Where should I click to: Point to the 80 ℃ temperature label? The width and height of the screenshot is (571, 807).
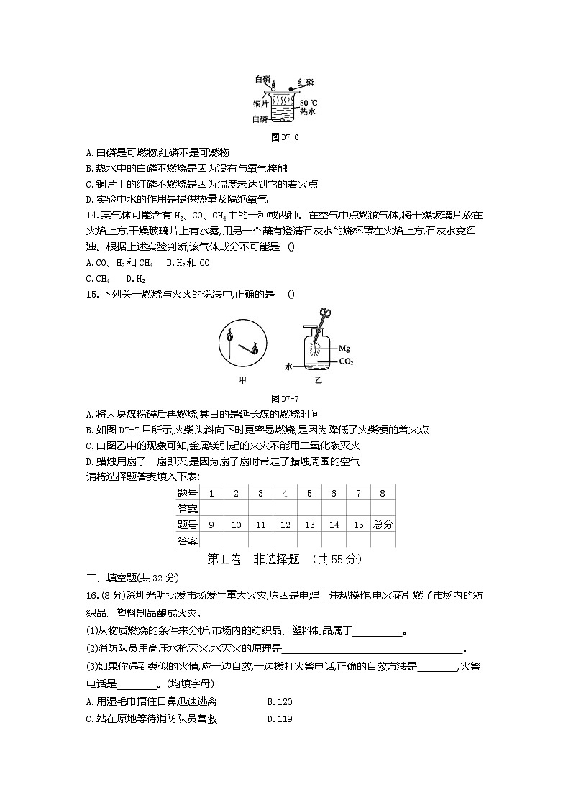(309, 103)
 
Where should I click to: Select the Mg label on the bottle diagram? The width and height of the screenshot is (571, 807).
(344, 348)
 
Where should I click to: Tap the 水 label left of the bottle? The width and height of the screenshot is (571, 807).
(289, 366)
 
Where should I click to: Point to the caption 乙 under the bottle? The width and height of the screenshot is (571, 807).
(318, 379)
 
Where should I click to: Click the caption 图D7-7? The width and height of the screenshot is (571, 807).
(285, 398)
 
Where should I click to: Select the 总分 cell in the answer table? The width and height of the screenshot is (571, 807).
(383, 525)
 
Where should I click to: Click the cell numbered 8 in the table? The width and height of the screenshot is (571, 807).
(383, 494)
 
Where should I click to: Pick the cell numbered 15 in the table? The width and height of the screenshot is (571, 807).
(358, 525)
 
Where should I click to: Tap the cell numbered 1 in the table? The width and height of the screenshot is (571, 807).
(211, 494)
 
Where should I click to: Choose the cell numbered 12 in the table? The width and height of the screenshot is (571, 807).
(285, 525)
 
